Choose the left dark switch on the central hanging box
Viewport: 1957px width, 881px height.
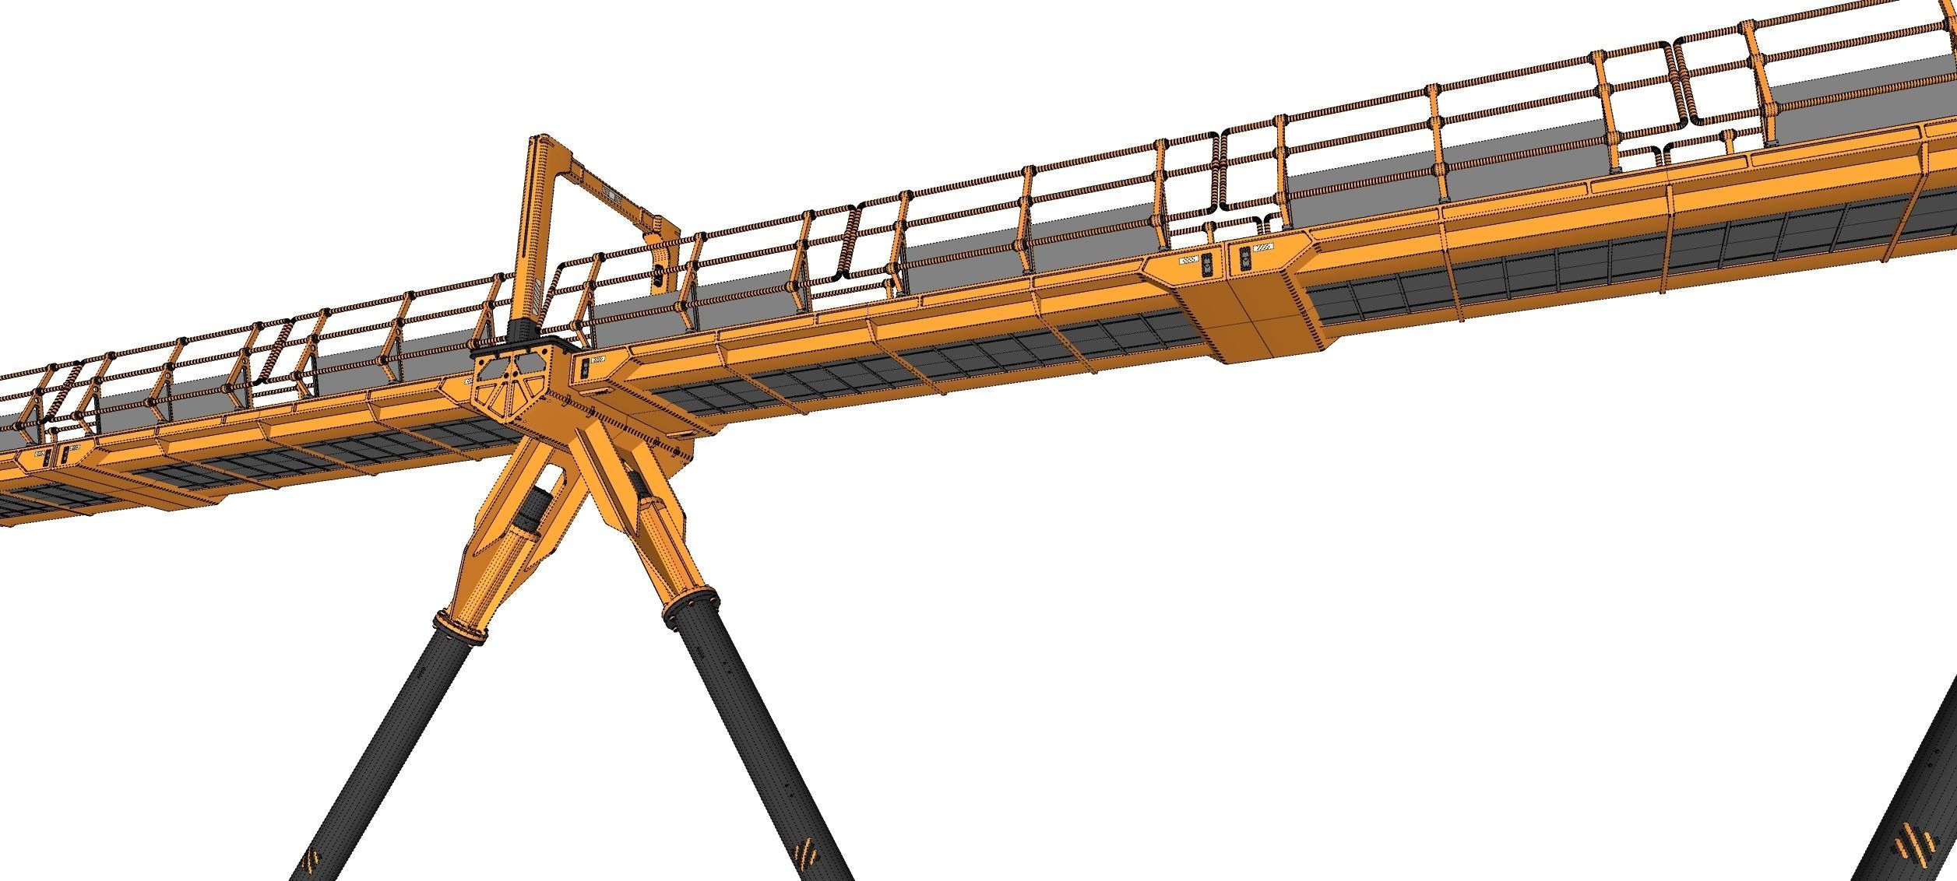1207,265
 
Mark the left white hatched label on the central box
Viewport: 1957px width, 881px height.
1190,261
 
